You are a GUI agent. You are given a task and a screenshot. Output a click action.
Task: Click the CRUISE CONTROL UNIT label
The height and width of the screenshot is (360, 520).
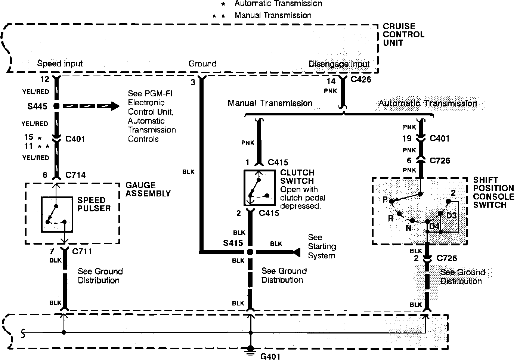tap(403, 34)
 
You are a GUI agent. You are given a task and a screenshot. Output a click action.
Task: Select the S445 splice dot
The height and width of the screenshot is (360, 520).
tap(56, 106)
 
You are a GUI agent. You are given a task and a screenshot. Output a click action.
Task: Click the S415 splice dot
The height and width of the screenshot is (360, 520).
tap(250, 252)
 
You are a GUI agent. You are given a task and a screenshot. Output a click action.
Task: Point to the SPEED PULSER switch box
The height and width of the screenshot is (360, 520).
tap(57, 215)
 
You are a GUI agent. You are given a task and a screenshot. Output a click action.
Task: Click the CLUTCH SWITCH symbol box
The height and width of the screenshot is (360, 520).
tap(259, 188)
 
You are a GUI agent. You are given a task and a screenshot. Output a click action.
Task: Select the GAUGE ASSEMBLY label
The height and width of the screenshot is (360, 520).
tap(148, 189)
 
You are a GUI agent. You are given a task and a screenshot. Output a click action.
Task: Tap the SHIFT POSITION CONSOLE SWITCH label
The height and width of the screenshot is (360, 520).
tap(493, 192)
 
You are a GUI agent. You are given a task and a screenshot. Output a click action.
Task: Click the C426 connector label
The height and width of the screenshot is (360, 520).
tap(361, 79)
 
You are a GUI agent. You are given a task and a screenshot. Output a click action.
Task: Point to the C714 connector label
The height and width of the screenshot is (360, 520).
tap(75, 175)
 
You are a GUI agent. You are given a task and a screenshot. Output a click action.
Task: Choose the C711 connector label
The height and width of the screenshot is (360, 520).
tap(82, 251)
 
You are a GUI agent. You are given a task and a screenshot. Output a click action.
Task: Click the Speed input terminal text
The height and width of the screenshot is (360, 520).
tap(60, 63)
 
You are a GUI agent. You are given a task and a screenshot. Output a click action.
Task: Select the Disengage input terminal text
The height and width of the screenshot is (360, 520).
tap(339, 64)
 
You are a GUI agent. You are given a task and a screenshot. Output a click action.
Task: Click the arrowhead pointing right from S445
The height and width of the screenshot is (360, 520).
tap(114, 106)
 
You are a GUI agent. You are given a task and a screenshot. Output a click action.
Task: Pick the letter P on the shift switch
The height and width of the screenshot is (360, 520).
tap(385, 200)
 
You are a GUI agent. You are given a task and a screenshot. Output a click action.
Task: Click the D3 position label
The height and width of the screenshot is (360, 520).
tap(452, 215)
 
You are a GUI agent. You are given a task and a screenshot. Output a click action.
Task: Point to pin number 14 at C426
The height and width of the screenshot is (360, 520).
tap(331, 81)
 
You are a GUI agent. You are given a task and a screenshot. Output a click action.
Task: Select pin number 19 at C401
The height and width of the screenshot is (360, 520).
tap(407, 139)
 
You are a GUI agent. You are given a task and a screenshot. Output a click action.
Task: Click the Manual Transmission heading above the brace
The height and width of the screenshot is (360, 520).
tap(270, 103)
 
